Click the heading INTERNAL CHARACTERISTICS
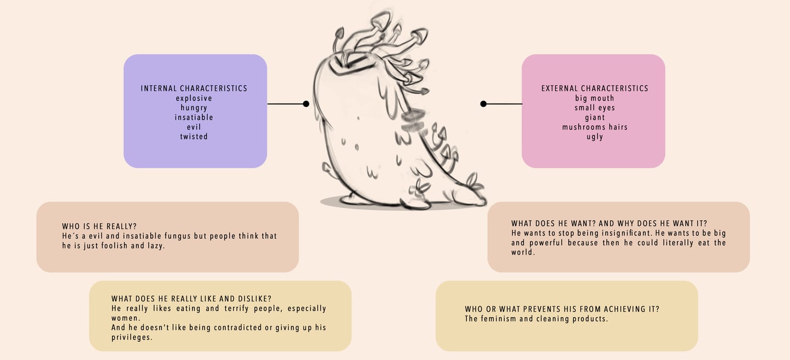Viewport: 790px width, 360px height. [x=194, y=88]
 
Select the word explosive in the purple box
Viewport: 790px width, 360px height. [x=194, y=98]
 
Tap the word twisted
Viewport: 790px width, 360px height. [x=194, y=137]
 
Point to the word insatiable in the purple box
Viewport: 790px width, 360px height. [x=194, y=117]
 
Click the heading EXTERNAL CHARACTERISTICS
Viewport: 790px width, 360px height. [x=595, y=88]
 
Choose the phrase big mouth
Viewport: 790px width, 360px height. [x=595, y=98]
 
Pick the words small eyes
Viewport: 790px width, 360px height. [x=595, y=108]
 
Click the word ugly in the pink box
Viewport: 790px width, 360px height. [x=595, y=137]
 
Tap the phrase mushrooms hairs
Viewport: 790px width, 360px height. [x=595, y=127]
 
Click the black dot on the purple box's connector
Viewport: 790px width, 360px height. [x=306, y=104]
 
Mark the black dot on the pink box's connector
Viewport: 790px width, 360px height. [x=483, y=104]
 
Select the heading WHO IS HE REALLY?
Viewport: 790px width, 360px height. [x=100, y=226]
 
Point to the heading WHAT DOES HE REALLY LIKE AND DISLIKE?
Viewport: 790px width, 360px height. [x=191, y=299]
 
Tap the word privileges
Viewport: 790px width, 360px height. [x=132, y=337]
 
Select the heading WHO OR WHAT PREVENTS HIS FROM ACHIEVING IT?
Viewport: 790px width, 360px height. [x=562, y=310]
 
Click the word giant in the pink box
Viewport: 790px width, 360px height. [x=595, y=117]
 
